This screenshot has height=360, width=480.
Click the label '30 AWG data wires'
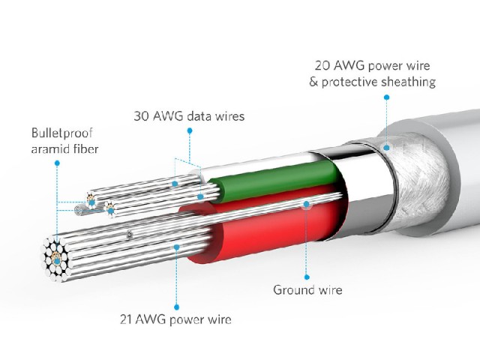189,116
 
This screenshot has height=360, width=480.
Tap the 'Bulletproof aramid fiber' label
65,141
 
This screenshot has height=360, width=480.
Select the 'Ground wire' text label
307,290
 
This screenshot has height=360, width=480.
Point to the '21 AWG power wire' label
175,319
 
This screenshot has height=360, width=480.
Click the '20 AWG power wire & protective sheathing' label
372,73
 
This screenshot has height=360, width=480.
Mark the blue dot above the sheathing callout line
387,97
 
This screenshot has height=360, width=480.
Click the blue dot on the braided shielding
387,148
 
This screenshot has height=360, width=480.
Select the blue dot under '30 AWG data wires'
190,130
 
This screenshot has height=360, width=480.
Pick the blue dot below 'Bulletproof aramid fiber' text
57,163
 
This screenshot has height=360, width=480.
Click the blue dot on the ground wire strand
307,204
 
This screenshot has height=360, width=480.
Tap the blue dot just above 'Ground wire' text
307,277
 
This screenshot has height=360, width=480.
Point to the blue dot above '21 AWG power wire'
176,307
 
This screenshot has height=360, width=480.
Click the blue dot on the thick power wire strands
176,247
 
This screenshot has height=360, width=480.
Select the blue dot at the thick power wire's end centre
57,261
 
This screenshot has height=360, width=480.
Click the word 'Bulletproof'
62,133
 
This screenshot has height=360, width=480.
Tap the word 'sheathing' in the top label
409,82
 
